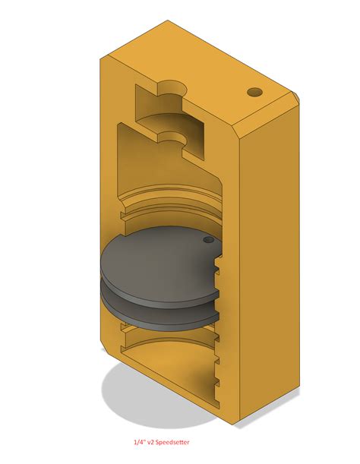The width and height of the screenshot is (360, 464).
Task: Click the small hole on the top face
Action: tap(255, 92)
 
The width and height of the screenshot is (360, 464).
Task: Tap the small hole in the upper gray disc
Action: tap(207, 240)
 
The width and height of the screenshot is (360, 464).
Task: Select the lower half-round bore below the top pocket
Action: tap(173, 137)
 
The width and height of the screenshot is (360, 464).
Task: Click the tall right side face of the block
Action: tap(266, 266)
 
